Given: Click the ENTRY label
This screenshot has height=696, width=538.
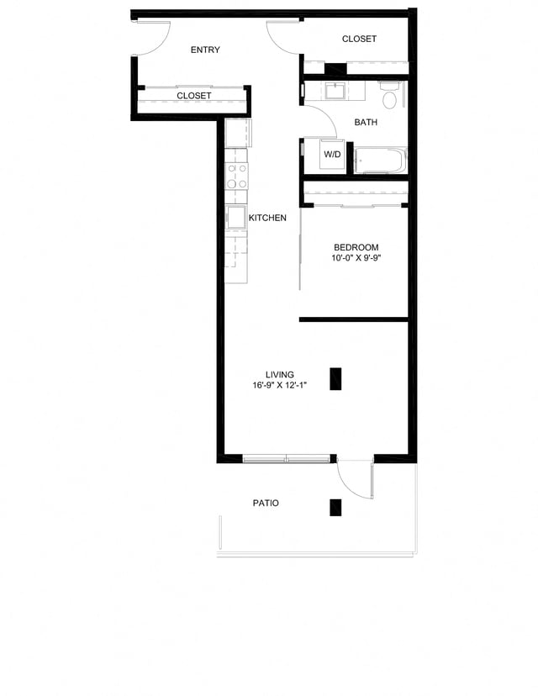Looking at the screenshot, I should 205,50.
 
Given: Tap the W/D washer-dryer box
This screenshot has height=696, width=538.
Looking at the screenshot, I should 333,155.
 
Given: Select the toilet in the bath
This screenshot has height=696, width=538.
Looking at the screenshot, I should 389,98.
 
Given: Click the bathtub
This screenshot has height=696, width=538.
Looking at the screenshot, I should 381,161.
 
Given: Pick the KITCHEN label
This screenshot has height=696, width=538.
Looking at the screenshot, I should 267,218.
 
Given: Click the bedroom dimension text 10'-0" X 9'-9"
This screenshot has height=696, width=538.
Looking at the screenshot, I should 356,258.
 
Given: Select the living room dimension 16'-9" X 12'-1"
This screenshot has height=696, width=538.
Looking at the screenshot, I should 279,386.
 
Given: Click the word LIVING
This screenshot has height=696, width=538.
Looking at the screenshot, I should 279,375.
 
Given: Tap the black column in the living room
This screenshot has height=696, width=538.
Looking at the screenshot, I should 335,380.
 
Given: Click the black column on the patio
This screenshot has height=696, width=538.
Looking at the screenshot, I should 335,507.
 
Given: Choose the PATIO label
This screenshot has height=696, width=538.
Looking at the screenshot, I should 266,504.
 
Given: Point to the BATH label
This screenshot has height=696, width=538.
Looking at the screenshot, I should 366,123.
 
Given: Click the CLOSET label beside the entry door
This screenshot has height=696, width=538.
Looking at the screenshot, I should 194,96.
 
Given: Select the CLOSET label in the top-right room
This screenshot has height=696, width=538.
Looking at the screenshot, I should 359,40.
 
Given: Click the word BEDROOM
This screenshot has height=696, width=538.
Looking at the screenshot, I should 356,247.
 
